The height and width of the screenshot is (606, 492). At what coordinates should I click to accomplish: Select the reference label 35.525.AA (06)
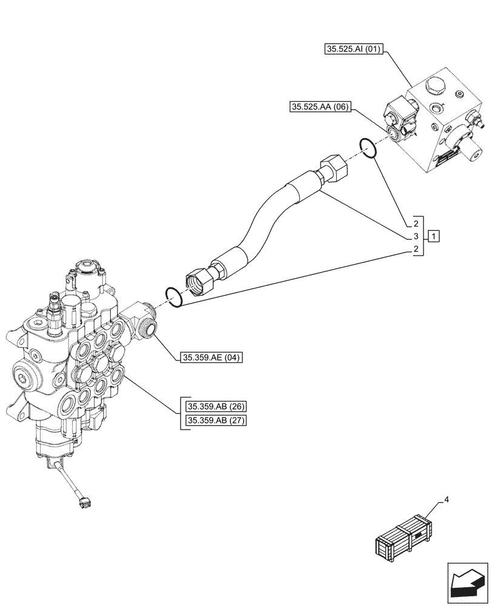point(319,107)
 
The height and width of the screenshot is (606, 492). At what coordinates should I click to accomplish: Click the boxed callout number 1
point(434,236)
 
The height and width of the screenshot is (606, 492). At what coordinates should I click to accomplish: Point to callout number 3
point(416,236)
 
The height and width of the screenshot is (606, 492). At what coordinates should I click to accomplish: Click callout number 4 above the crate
point(447,500)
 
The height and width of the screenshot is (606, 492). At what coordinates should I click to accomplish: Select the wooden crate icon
point(404,538)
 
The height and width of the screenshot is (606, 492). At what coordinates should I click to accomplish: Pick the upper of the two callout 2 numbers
point(416,223)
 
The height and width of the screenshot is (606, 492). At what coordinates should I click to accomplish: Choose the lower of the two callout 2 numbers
point(416,250)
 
